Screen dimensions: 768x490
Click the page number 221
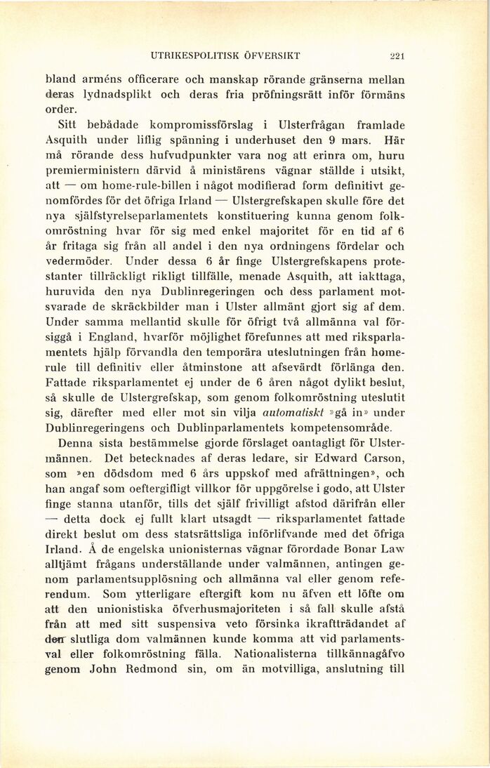point(400,55)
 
